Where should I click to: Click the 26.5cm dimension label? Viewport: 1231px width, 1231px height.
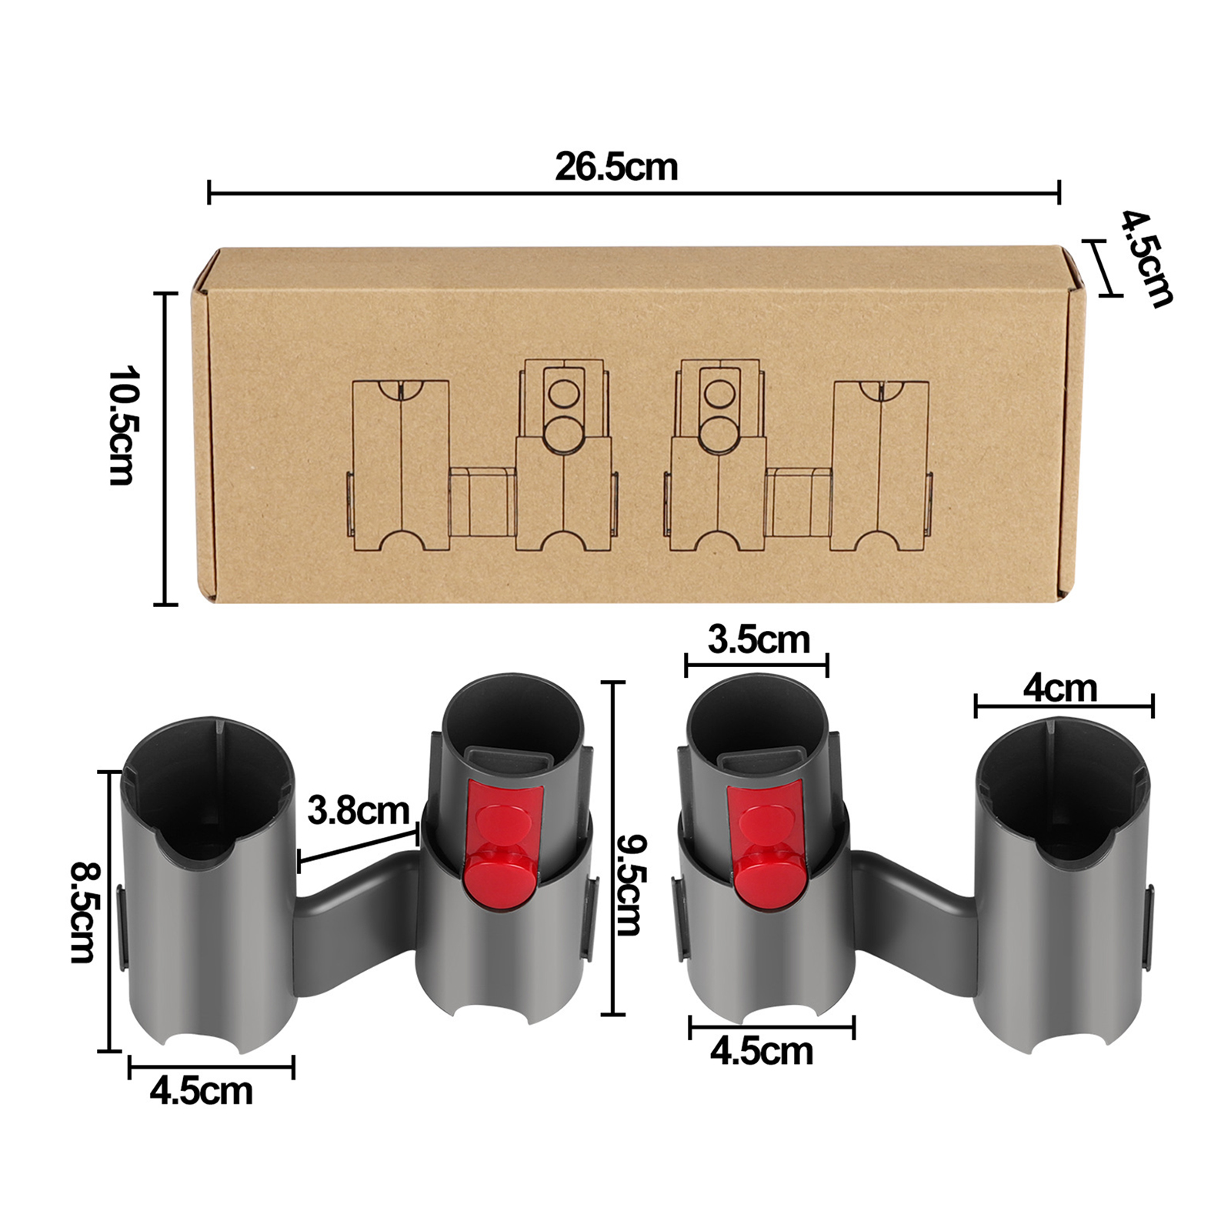pos(616,168)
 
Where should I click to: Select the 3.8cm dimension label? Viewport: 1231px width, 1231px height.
pos(359,811)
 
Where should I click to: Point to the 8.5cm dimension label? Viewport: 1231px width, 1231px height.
pos(83,912)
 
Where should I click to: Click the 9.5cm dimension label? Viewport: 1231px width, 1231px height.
pos(629,886)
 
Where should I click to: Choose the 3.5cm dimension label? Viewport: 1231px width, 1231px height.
pos(759,640)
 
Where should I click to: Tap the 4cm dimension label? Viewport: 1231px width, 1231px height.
pos(1059,689)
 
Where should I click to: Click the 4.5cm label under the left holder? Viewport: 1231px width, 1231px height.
pos(201,1092)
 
